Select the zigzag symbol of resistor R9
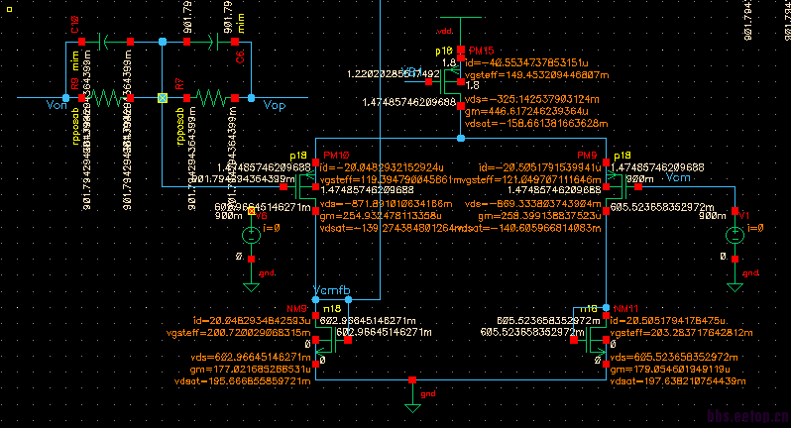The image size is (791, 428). pyautogui.click(x=113, y=97)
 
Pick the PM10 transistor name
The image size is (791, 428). pyautogui.click(x=336, y=157)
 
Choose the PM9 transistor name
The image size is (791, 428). pyautogui.click(x=588, y=157)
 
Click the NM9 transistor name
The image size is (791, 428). pyautogui.click(x=296, y=309)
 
